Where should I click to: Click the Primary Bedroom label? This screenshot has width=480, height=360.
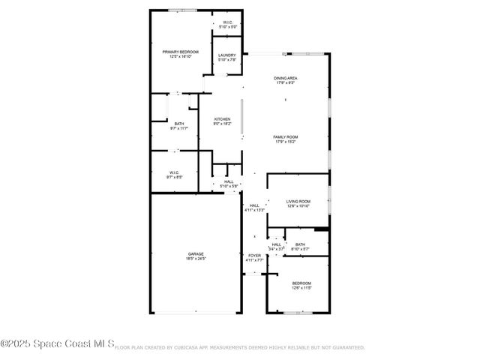180,52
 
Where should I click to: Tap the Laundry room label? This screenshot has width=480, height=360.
227,55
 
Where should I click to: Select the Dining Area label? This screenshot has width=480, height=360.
286,78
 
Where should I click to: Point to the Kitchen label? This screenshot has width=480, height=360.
222,119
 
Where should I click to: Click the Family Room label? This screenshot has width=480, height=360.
286,136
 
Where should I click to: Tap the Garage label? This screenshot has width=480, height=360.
196,253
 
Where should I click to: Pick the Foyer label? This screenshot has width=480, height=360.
255,256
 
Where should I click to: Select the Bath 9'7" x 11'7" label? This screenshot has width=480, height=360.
179,124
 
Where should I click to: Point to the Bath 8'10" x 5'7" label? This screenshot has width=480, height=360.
300,244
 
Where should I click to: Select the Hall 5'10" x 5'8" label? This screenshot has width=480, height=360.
229,181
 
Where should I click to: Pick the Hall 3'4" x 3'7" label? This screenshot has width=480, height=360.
277,244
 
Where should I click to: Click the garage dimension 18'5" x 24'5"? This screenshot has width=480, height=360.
196,258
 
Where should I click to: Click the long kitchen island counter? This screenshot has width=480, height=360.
241,118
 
